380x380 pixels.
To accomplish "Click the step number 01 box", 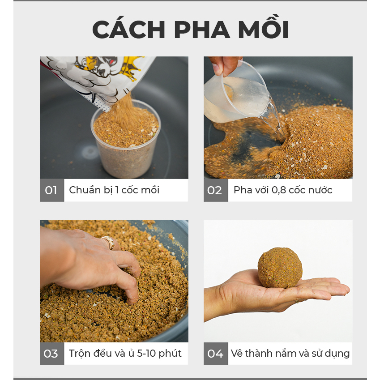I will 51,190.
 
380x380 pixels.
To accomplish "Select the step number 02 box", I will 215,190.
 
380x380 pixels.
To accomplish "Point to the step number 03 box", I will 51,354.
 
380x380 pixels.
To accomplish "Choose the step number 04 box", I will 215,354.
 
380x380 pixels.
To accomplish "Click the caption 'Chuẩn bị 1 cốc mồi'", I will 114,190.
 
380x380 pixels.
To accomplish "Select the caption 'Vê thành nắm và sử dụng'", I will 290,354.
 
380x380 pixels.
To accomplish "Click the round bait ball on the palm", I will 280,268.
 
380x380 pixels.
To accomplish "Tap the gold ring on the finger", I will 108,242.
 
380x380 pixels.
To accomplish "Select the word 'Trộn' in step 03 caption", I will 80,354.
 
